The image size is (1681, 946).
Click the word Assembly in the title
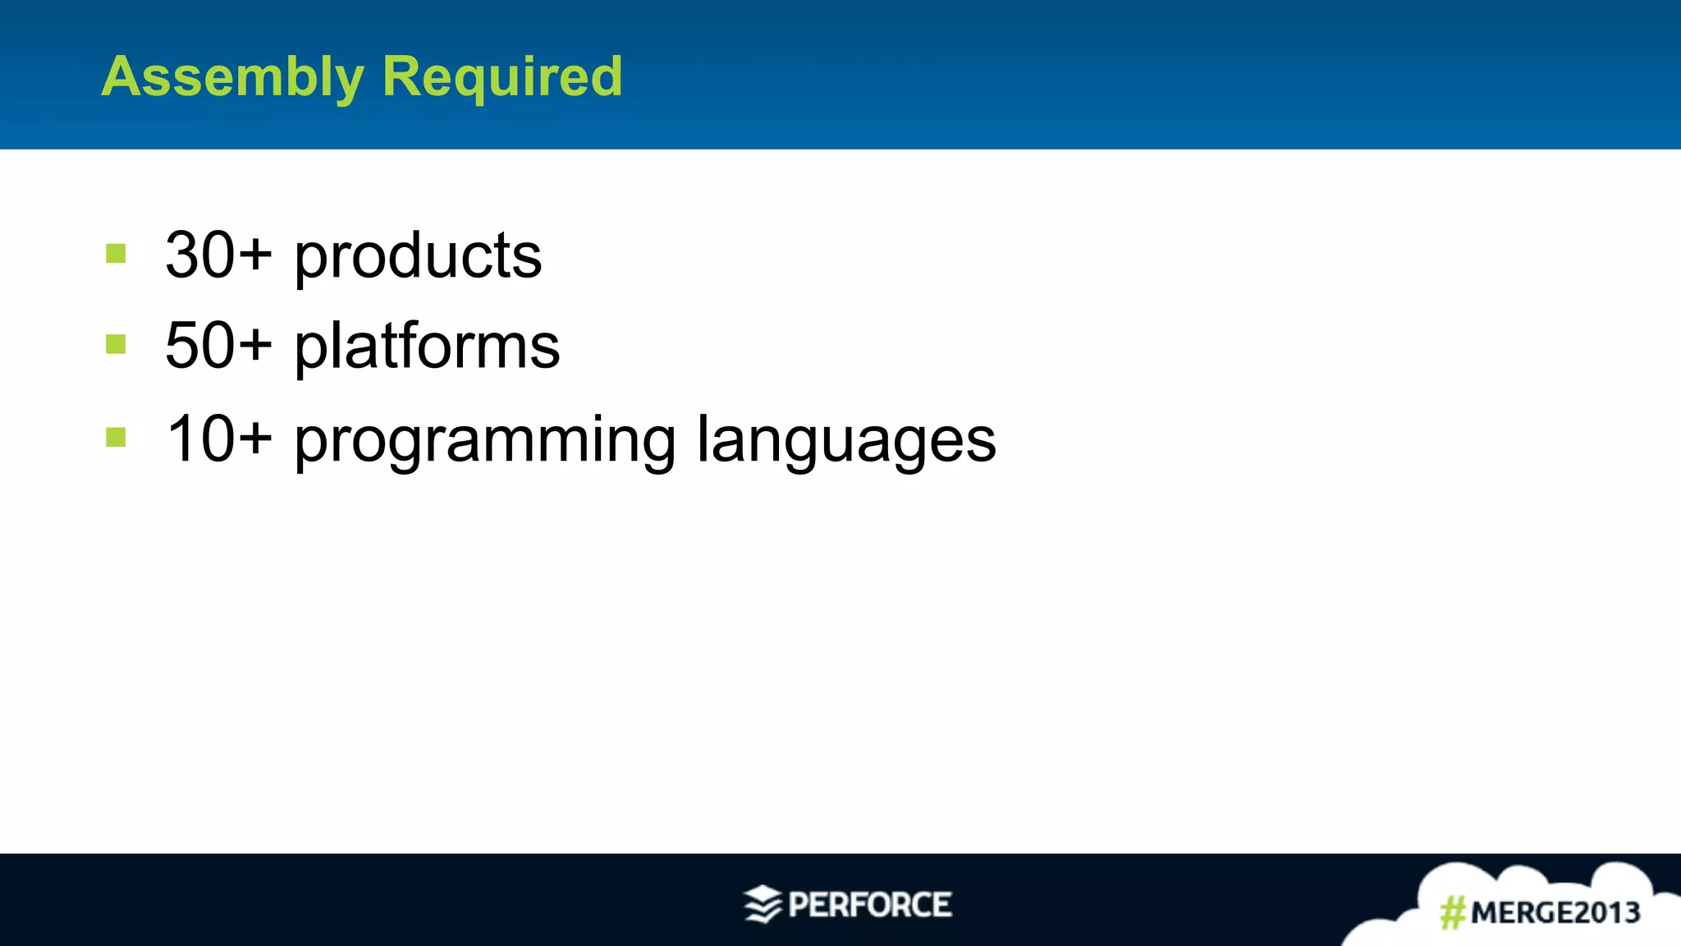coord(232,78)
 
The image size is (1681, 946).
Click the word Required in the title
coord(502,78)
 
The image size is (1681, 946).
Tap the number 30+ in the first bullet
coord(218,255)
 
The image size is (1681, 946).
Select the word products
coord(418,257)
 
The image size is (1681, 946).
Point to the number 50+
coord(218,346)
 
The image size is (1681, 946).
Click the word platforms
coord(427,347)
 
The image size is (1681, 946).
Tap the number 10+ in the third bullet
coord(218,439)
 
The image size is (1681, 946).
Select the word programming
coord(485,442)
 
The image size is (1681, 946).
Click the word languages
coord(846,442)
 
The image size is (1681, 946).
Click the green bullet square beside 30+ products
coord(116,254)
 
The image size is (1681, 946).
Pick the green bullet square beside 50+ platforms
coord(116,344)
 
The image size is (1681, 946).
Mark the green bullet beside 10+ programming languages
coord(116,438)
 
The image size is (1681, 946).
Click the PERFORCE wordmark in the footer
coord(870,905)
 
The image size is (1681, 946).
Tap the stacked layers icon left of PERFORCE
coord(763,904)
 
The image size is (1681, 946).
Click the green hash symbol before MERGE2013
coord(1453,912)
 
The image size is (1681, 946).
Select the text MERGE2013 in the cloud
coord(1555,912)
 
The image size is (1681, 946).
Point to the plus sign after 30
coord(255,254)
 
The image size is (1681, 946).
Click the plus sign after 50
coord(255,344)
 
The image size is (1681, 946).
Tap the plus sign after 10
coord(255,438)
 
